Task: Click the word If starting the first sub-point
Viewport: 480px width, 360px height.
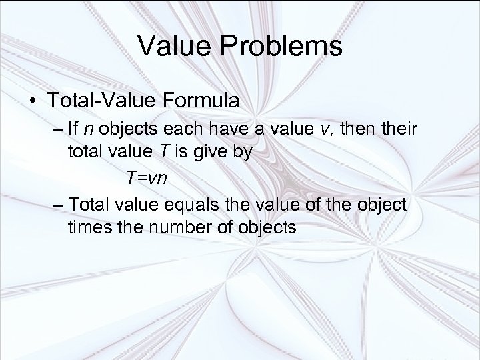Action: pyautogui.click(x=74, y=129)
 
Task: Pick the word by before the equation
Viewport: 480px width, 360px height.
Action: pyautogui.click(x=241, y=153)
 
